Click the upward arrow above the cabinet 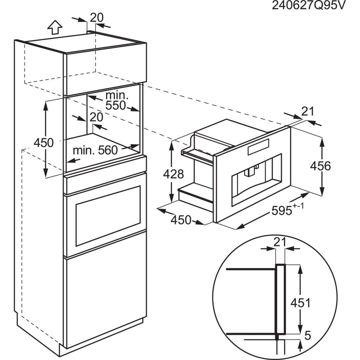[x=54, y=27]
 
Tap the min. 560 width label [x=95, y=150]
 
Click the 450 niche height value [x=43, y=142]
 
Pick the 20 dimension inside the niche [x=96, y=117]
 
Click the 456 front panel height [x=320, y=166]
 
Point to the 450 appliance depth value [x=181, y=220]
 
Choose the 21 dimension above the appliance [x=307, y=111]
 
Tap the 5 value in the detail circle [x=308, y=336]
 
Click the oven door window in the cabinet [x=108, y=215]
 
